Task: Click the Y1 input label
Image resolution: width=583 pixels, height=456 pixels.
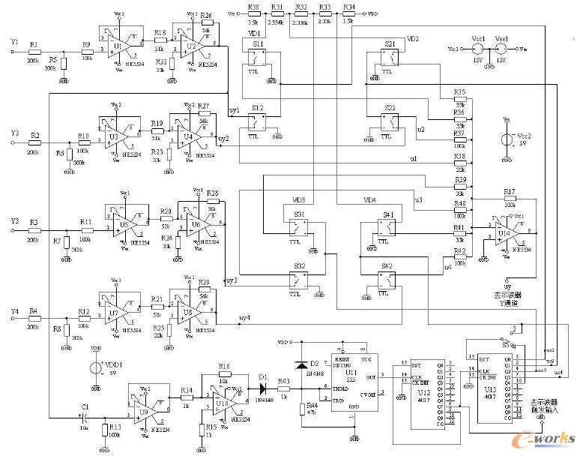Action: click(x=13, y=43)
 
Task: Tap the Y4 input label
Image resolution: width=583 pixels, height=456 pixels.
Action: click(x=13, y=310)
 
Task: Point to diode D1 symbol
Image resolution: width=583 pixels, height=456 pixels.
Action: click(x=262, y=388)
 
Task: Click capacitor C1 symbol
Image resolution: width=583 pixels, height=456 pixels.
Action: click(x=84, y=416)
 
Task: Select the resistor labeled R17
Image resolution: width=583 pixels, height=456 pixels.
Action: click(x=509, y=200)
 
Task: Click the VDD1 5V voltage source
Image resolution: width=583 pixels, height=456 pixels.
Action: click(x=96, y=368)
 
